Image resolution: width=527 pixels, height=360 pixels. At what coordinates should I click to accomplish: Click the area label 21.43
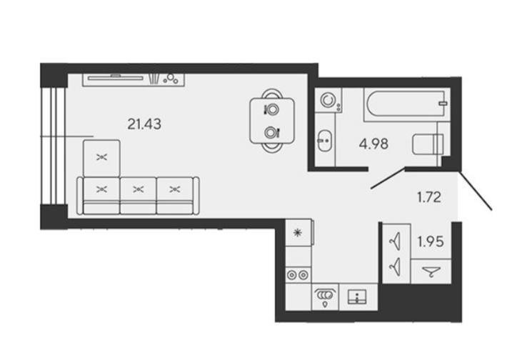pyautogui.click(x=144, y=124)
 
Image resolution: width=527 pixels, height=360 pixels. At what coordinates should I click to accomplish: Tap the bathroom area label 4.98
pyautogui.click(x=373, y=144)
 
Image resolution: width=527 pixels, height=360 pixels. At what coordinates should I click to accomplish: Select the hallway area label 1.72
pyautogui.click(x=429, y=197)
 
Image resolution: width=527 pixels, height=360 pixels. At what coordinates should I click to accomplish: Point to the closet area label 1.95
pyautogui.click(x=431, y=241)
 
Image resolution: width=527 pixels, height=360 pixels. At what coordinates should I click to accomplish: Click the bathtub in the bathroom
pyautogui.click(x=407, y=104)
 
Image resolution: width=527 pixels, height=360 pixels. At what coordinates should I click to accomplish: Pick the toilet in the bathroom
pyautogui.click(x=428, y=144)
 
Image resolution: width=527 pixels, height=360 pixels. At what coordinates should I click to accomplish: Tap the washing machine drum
pyautogui.click(x=328, y=100)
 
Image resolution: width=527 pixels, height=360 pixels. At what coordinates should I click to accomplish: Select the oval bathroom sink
pyautogui.click(x=325, y=141)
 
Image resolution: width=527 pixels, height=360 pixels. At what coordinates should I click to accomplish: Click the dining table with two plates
pyautogui.click(x=272, y=120)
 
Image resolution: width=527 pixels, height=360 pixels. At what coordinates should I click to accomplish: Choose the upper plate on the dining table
pyautogui.click(x=272, y=109)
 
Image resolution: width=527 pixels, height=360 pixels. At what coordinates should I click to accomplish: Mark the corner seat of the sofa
pyautogui.click(x=101, y=158)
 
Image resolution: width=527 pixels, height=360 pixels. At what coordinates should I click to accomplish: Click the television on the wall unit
pyautogui.click(x=115, y=78)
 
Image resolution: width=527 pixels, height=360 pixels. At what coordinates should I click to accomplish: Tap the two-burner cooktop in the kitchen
pyautogui.click(x=298, y=275)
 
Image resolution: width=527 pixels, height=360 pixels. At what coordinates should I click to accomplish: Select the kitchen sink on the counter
pyautogui.click(x=357, y=296)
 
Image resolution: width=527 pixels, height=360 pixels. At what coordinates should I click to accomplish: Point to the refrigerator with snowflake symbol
pyautogui.click(x=298, y=233)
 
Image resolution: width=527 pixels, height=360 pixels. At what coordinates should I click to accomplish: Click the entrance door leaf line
pyautogui.click(x=476, y=191)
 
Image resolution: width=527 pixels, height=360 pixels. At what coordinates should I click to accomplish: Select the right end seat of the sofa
pyautogui.click(x=175, y=196)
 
